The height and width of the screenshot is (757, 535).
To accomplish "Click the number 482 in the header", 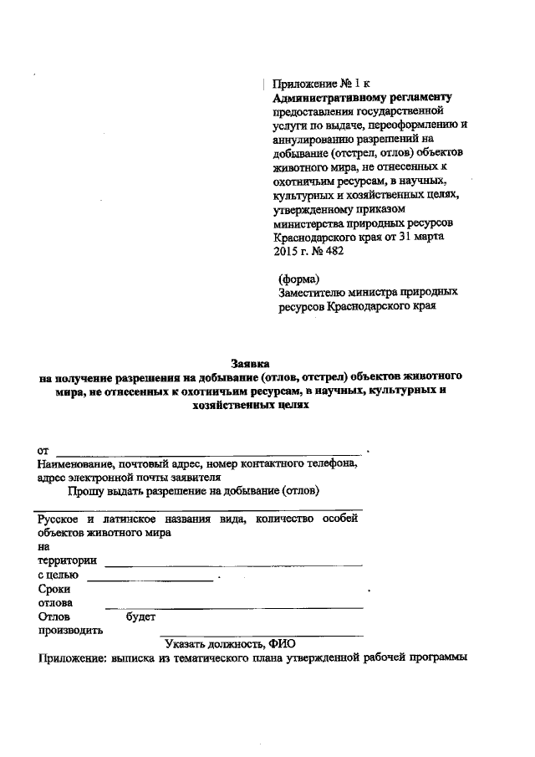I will pos(332,250).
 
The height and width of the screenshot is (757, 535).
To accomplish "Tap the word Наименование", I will pos(77,465).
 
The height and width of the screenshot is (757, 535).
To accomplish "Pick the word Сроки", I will pos(54,589).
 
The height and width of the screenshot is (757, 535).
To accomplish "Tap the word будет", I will pos(140,617).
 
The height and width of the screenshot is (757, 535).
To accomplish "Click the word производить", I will pos(70,631).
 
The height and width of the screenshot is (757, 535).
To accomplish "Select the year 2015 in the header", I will pos(287,250).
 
